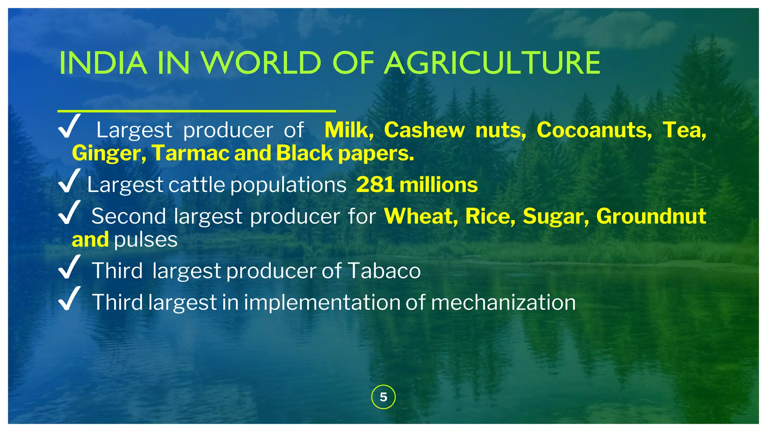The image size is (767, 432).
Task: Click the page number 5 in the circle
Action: click(383, 397)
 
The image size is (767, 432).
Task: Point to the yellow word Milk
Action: click(349, 130)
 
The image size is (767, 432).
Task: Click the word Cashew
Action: click(424, 130)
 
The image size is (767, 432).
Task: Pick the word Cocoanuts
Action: click(594, 130)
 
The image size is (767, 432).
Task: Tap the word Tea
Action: click(684, 130)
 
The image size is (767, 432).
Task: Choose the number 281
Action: click(375, 185)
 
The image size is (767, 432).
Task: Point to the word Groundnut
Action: click(651, 216)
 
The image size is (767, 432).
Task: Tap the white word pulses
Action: click(146, 240)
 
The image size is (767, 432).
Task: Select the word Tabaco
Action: click(384, 270)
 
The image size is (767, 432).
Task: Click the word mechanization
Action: click(503, 302)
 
